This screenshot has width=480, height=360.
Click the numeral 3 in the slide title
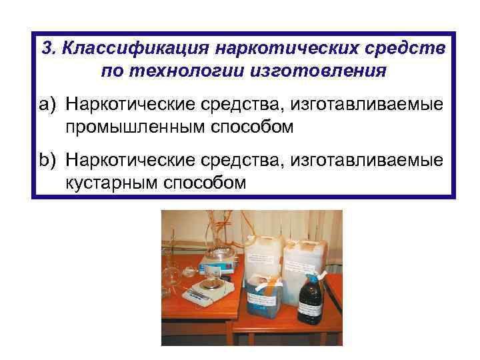pos(46,49)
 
